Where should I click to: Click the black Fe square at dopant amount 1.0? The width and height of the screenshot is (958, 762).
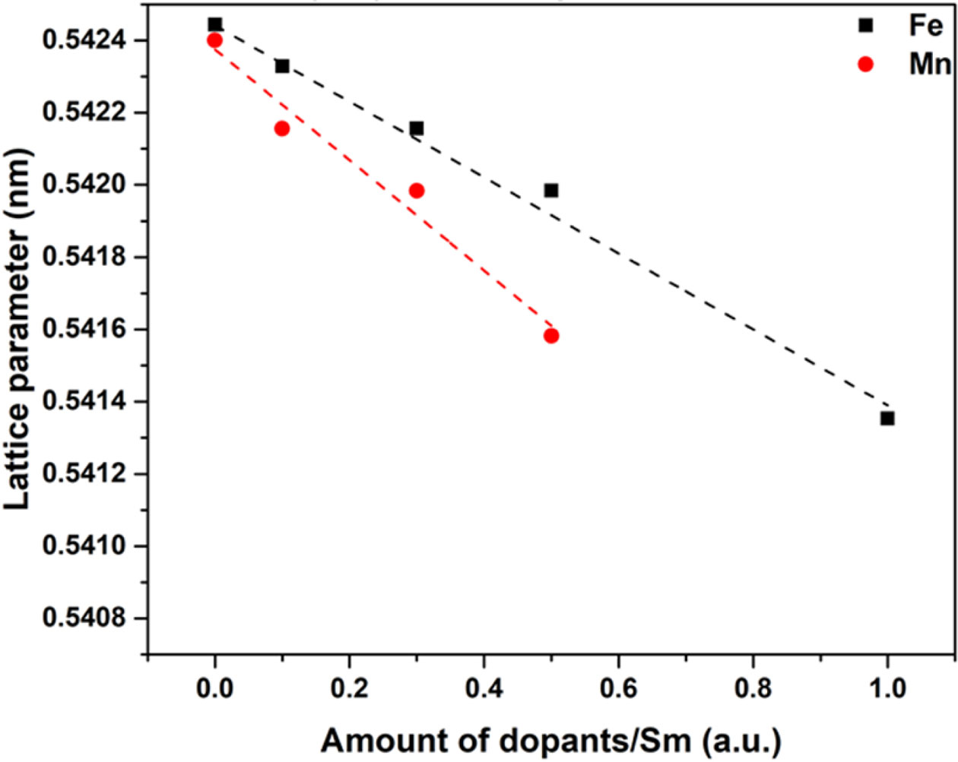887,419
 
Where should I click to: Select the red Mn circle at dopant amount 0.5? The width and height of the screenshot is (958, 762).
551,336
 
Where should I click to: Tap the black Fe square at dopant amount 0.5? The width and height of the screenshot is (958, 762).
551,191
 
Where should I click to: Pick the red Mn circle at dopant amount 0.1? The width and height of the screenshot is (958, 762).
282,128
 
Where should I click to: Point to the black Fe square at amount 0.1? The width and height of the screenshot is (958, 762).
282,66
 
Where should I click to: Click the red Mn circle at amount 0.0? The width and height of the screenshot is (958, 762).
214,40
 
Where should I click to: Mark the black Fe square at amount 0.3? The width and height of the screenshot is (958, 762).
417,128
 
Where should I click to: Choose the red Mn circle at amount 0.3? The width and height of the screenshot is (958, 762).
417,191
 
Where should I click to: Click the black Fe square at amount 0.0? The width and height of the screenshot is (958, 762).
215,24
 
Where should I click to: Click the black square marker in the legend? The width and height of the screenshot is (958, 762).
865,26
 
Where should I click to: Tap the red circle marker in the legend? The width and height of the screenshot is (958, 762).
865,65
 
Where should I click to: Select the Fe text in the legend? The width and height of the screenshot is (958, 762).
925,26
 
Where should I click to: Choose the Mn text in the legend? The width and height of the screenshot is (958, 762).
929,65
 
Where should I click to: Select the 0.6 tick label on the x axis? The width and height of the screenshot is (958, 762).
618,688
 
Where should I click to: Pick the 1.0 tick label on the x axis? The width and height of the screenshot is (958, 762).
887,688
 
